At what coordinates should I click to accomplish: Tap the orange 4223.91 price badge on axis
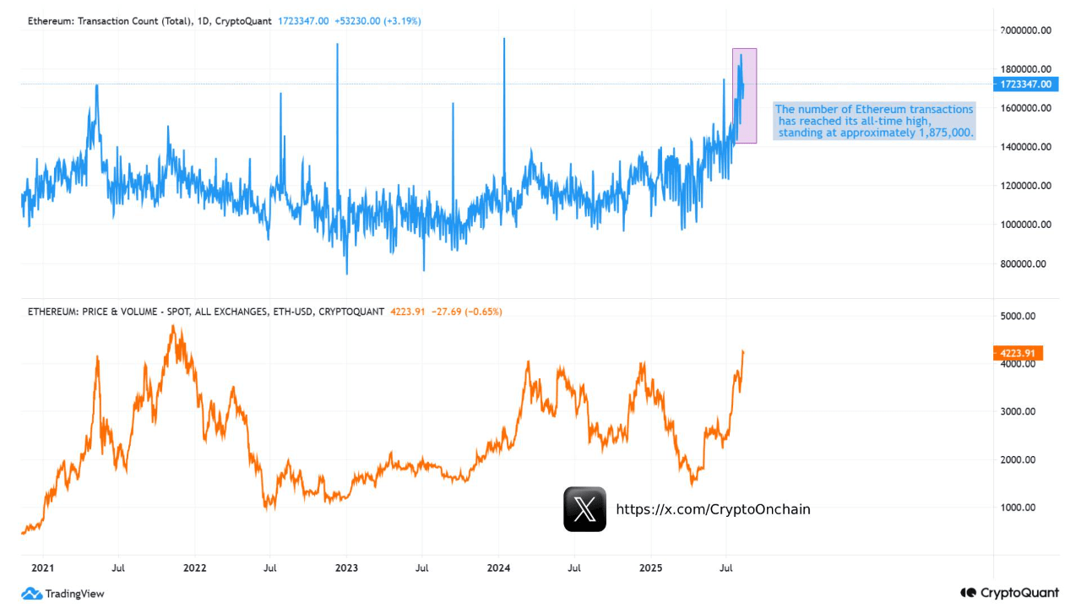tap(1019, 353)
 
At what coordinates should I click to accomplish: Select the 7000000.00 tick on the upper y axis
tap(1025, 30)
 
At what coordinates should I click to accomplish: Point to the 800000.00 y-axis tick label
tap(1023, 263)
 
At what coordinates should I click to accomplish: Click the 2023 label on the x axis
tap(346, 568)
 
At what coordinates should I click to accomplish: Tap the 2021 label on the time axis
tap(42, 568)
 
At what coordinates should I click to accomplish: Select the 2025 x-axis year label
tap(649, 568)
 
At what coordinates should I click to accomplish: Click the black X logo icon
tap(584, 509)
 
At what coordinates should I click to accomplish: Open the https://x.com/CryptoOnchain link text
tap(713, 509)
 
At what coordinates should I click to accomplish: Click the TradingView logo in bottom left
tap(63, 594)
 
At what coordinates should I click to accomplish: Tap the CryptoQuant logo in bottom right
tap(1009, 594)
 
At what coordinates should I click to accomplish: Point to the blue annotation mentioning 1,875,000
tap(875, 121)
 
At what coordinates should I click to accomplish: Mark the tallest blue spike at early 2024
tap(504, 42)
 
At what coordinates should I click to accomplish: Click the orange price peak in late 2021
tap(174, 328)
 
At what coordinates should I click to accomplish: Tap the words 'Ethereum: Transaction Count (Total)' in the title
tap(107, 20)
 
